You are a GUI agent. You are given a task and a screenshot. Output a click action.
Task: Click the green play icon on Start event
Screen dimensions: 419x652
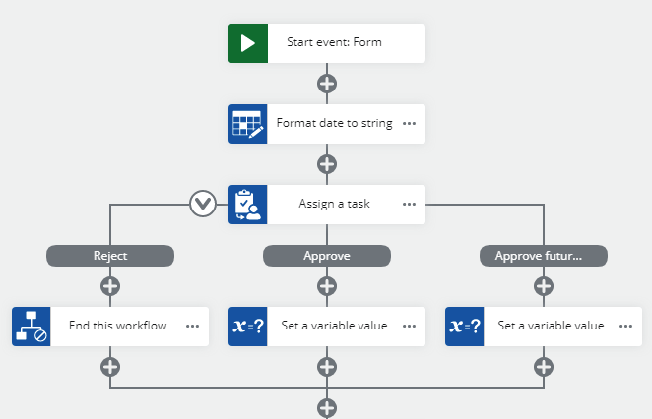pyautogui.click(x=248, y=43)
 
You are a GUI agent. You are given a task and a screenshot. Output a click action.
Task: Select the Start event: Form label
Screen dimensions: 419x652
pyautogui.click(x=334, y=43)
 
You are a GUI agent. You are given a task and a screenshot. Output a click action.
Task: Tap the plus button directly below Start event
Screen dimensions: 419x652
pyautogui.click(x=327, y=84)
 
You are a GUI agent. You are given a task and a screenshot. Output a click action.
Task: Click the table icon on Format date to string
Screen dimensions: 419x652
pyautogui.click(x=248, y=124)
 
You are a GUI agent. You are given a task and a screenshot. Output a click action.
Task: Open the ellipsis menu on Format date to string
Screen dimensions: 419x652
pyautogui.click(x=409, y=124)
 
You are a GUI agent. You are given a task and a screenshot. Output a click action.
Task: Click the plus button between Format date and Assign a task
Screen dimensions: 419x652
pyautogui.click(x=327, y=164)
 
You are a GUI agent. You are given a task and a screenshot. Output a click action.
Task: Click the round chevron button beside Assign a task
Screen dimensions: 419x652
pyautogui.click(x=203, y=205)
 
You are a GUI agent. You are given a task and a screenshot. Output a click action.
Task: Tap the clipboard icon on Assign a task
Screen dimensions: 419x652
pyautogui.click(x=248, y=205)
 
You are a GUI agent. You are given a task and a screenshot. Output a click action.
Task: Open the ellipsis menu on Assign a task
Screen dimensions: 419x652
pyautogui.click(x=409, y=205)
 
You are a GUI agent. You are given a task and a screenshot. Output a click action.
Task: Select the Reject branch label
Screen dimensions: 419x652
pyautogui.click(x=110, y=256)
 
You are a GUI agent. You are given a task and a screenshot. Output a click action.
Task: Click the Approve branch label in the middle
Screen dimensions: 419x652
pyautogui.click(x=327, y=256)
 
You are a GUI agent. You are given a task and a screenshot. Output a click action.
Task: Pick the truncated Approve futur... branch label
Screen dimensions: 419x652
pyautogui.click(x=544, y=256)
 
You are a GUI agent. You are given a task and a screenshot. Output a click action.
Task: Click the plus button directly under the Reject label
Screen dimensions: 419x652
pyautogui.click(x=110, y=286)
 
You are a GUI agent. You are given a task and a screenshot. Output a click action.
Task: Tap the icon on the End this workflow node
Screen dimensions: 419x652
pyautogui.click(x=32, y=327)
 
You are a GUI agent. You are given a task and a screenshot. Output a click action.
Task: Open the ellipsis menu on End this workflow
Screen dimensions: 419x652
pyautogui.click(x=192, y=327)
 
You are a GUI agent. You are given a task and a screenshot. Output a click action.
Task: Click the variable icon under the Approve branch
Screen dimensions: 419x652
pyautogui.click(x=248, y=327)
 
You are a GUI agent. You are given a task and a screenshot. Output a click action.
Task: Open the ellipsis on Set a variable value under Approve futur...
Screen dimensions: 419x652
pyautogui.click(x=625, y=327)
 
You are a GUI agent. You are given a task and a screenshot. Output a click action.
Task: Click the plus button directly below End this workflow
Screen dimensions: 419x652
pyautogui.click(x=110, y=367)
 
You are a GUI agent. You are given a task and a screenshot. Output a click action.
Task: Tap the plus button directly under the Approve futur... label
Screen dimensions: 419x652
pyautogui.click(x=544, y=286)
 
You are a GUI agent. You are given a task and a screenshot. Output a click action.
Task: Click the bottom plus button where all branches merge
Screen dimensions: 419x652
pyautogui.click(x=327, y=407)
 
